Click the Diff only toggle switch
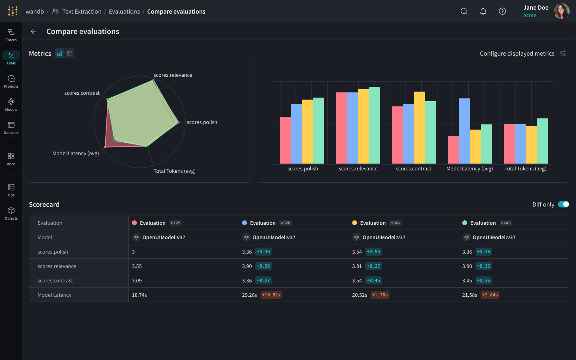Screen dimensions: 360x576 click(x=563, y=204)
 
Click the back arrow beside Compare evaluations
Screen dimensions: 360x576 click(x=34, y=31)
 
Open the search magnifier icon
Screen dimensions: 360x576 click(x=464, y=11)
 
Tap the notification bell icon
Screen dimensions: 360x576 click(x=483, y=11)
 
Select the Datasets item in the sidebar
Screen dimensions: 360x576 click(x=11, y=128)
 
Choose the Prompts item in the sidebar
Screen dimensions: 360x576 click(x=11, y=82)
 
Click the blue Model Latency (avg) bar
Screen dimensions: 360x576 click(x=464, y=131)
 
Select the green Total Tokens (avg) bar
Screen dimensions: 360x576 click(x=542, y=141)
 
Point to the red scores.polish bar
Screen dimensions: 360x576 click(x=285, y=140)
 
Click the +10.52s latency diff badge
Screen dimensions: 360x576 click(x=271, y=295)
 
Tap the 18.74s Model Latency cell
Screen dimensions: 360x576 click(x=140, y=295)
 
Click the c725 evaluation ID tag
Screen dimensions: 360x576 click(x=175, y=223)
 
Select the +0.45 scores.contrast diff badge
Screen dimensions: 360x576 click(x=374, y=280)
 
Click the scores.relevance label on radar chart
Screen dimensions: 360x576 click(x=173, y=75)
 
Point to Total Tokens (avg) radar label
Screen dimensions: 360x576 click(x=174, y=171)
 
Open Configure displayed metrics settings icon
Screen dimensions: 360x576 click(x=563, y=53)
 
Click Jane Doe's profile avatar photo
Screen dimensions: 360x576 click(x=561, y=11)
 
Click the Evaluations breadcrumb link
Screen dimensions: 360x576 click(x=124, y=12)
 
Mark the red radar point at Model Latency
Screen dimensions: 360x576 click(x=105, y=147)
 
